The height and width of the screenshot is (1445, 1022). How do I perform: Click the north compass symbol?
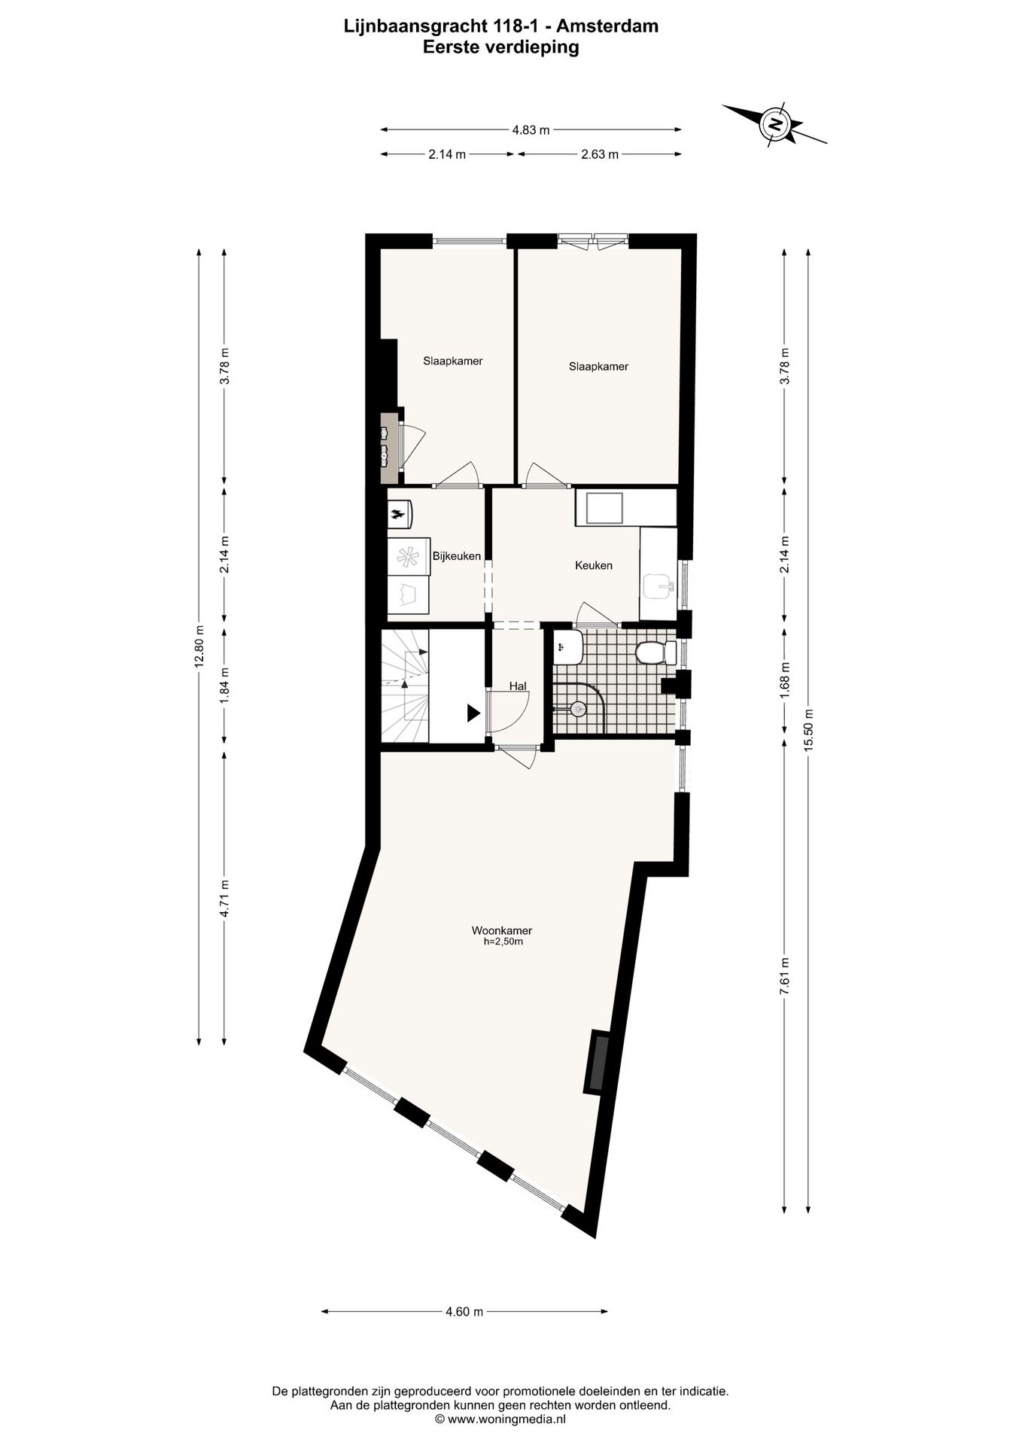click(x=774, y=123)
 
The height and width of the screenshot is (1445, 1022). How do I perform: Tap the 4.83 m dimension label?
click(x=531, y=129)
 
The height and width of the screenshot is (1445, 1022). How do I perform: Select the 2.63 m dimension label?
click(x=599, y=154)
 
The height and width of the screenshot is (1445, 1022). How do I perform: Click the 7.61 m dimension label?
click(x=784, y=977)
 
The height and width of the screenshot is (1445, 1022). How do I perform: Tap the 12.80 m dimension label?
click(x=199, y=646)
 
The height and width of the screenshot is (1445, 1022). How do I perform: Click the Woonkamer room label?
click(x=502, y=930)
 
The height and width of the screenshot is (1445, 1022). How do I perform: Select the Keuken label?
click(x=593, y=565)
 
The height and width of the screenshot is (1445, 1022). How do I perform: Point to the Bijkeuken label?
click(x=456, y=556)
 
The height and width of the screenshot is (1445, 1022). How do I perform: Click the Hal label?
click(x=517, y=686)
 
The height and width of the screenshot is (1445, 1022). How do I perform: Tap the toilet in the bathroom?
click(x=650, y=652)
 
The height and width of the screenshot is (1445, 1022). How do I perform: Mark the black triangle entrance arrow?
click(x=473, y=713)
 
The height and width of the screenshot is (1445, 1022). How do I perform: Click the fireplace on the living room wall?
click(x=599, y=1061)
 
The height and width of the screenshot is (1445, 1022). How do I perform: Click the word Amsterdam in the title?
click(x=607, y=26)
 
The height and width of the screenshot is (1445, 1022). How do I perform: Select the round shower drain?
click(x=578, y=708)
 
